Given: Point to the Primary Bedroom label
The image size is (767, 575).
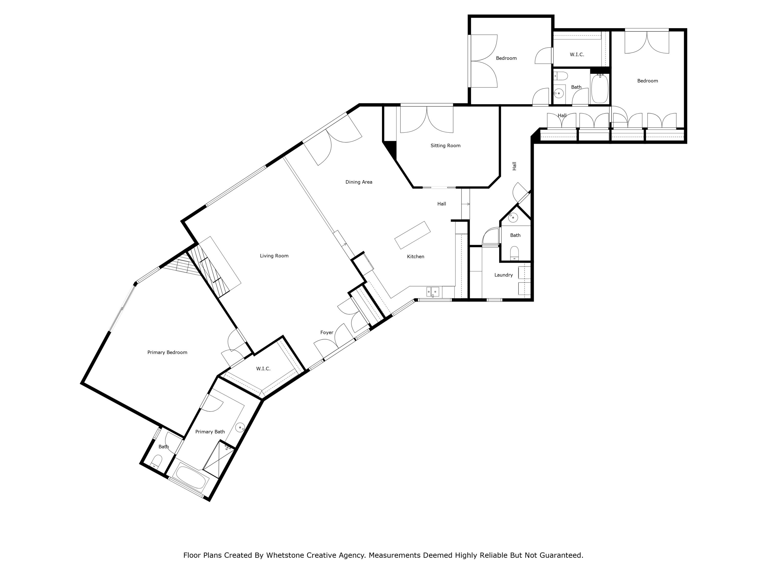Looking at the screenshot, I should (167, 352).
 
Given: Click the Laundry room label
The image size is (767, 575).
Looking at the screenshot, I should (503, 275).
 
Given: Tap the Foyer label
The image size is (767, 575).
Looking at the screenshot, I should (327, 332).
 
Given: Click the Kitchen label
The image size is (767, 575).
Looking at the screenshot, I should (415, 257).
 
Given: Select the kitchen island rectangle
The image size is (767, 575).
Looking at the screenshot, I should (412, 235).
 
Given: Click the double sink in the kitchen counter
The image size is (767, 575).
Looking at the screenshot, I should (433, 292).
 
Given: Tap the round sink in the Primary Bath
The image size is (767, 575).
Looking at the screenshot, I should (240, 427).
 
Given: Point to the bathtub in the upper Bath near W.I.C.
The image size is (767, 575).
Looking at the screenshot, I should (600, 89).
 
